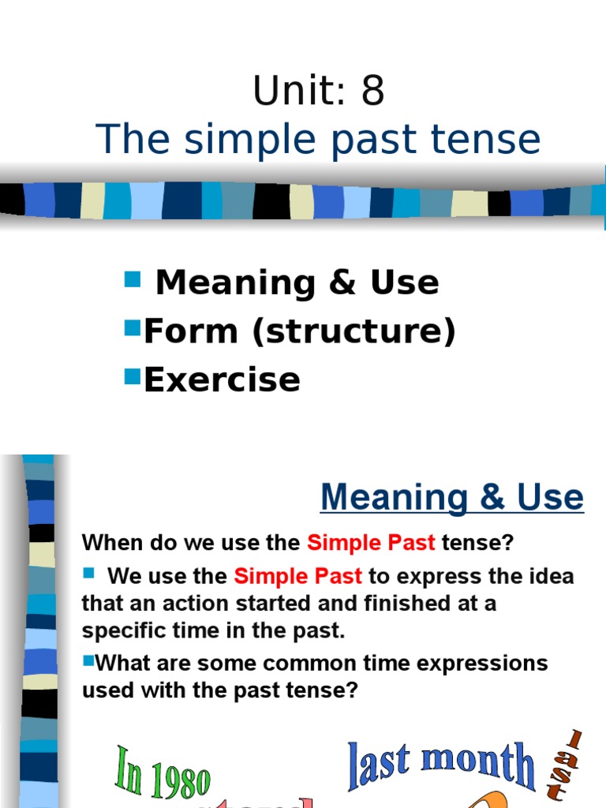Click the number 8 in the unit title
372,92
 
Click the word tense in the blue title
494,140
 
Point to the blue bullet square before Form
132,327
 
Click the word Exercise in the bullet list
222,380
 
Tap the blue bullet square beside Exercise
132,376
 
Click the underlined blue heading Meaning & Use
451,498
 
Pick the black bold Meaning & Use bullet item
297,282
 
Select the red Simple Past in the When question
371,543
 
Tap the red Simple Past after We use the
297,576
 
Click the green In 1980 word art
163,771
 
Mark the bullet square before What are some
88,660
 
